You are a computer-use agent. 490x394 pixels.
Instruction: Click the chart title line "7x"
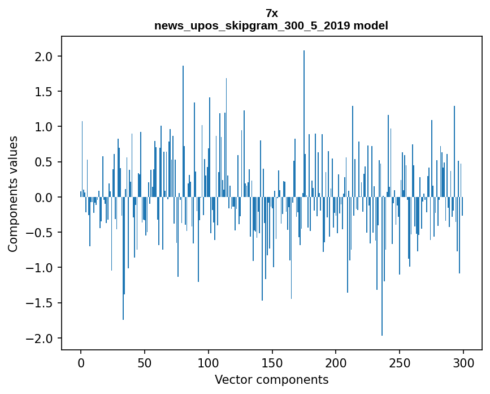[x=271, y=13]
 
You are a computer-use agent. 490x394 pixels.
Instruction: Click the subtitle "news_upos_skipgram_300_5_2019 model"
[x=271, y=25]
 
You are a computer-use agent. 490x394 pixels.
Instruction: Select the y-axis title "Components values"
[x=13, y=194]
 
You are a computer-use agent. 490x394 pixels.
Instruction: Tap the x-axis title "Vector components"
[x=271, y=379]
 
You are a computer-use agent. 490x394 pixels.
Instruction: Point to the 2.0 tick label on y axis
[x=44, y=57]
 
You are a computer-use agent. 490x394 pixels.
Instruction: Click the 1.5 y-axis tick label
[x=44, y=92]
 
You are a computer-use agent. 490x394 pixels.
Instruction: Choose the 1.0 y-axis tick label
[x=44, y=127]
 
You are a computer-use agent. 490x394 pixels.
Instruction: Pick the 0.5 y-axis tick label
[x=44, y=162]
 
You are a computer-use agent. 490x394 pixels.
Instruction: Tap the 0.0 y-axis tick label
[x=44, y=198]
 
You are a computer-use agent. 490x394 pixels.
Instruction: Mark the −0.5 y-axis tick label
[x=41, y=233]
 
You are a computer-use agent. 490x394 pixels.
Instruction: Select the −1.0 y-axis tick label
[x=41, y=268]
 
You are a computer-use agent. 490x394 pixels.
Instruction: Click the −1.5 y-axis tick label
[x=41, y=303]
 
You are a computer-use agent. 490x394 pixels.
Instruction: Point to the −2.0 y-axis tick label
[x=41, y=339]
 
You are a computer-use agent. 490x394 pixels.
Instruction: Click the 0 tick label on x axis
[x=81, y=362]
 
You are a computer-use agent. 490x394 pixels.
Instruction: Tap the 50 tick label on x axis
[x=145, y=362]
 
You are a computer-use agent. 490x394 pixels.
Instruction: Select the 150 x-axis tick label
[x=272, y=362]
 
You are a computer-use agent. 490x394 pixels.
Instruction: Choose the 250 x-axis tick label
[x=400, y=362]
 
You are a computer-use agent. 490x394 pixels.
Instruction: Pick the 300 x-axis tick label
[x=463, y=362]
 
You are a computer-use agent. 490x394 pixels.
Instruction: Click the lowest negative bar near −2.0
[x=382, y=266]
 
